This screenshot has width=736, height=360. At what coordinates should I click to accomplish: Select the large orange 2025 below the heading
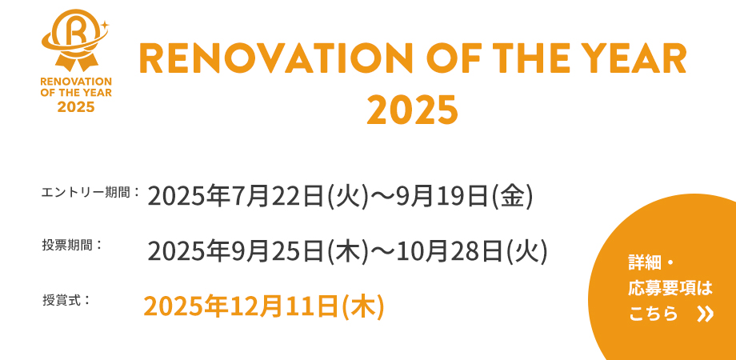click(412, 110)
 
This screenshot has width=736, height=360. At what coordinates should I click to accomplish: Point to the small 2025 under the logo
click(76, 107)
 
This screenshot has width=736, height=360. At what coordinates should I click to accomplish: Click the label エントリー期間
click(88, 192)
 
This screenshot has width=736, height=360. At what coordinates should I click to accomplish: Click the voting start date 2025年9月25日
click(236, 251)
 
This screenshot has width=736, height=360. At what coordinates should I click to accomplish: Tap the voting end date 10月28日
click(450, 251)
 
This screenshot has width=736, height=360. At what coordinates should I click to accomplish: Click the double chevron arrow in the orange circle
click(705, 314)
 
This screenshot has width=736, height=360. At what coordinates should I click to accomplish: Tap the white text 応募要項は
click(670, 289)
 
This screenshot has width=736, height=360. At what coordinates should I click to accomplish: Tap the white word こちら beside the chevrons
click(654, 314)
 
